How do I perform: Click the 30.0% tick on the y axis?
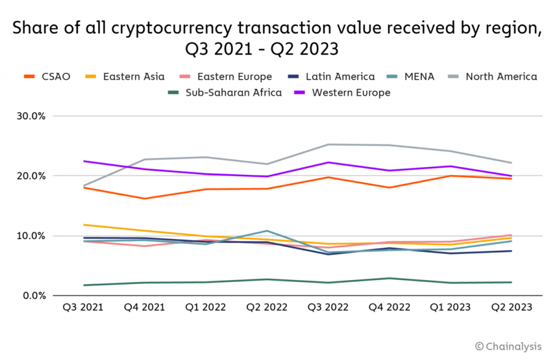(32, 116)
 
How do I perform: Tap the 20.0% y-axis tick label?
(32, 176)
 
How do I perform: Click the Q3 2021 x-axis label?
(83, 307)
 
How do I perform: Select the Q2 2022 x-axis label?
(267, 307)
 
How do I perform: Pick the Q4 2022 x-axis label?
(389, 307)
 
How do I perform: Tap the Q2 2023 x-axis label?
(511, 307)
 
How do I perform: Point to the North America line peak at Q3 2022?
(328, 144)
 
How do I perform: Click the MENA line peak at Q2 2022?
(267, 231)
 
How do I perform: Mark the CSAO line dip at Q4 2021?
(144, 199)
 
